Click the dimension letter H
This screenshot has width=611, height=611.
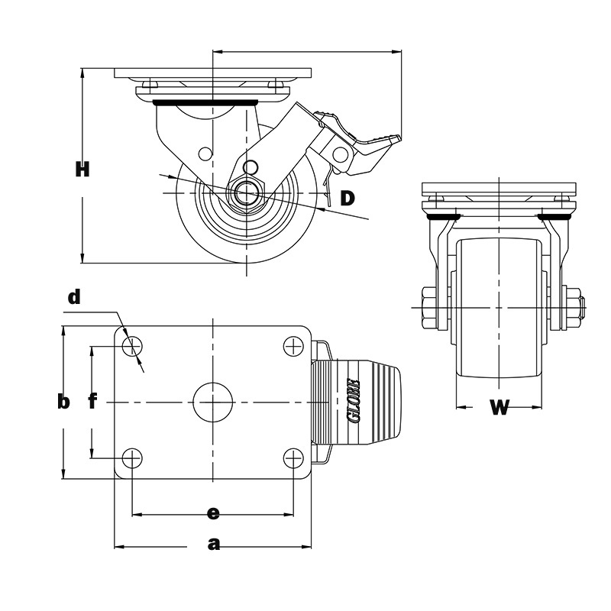[x=82, y=170]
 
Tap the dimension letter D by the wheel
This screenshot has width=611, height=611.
[x=348, y=199]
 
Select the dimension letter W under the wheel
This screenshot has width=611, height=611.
[x=499, y=408]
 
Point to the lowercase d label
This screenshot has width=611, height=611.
[x=74, y=297]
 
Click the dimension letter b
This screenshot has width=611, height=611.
[x=63, y=402]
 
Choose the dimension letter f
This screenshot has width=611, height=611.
[x=92, y=402]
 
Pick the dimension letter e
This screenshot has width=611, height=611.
[x=213, y=513]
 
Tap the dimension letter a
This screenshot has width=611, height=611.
[x=214, y=544]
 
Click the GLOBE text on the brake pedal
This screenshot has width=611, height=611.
[x=354, y=401]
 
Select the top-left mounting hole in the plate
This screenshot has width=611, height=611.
[x=132, y=346]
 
